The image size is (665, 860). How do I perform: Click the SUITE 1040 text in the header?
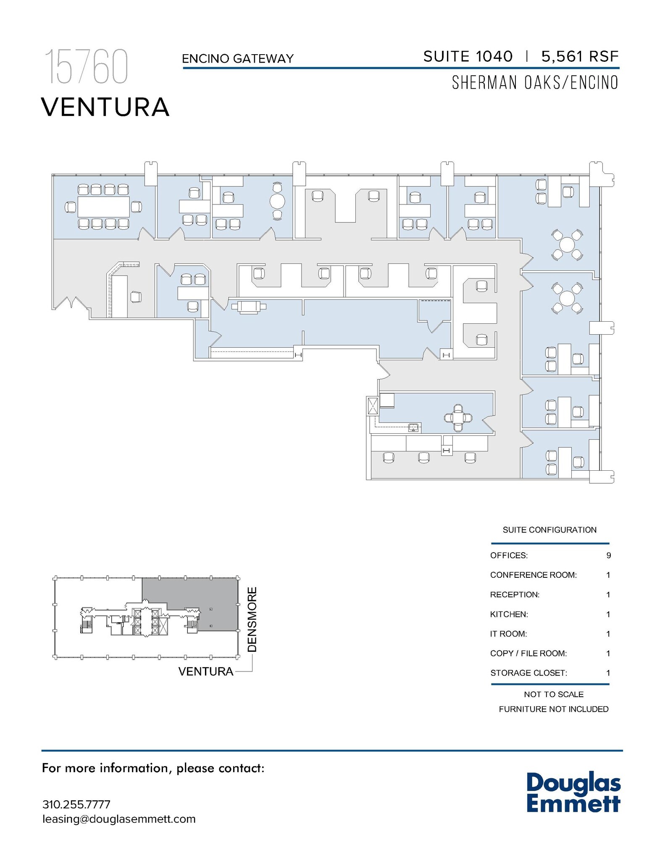[468, 56]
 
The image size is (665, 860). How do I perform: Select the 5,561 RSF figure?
[580, 56]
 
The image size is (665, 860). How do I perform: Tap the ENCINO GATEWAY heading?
[237, 58]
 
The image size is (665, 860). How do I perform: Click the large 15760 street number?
[86, 67]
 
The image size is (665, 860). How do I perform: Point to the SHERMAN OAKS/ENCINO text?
[535, 83]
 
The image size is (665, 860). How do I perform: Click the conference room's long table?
[103, 207]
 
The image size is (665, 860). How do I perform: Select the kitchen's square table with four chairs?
[458, 418]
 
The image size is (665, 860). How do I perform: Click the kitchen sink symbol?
[414, 428]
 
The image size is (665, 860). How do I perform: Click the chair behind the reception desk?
[136, 297]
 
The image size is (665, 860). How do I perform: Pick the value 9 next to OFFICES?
[608, 556]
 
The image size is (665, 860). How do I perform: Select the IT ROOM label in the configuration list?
[508, 634]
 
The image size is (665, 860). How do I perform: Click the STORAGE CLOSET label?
[528, 673]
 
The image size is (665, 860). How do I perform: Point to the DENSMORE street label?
[252, 619]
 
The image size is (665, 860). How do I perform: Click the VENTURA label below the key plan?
[206, 671]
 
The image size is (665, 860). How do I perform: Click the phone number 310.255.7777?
[76, 805]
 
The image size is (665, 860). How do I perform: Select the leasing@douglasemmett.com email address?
[119, 819]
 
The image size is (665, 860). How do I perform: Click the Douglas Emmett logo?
[573, 792]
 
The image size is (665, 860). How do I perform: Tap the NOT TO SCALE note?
[553, 694]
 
